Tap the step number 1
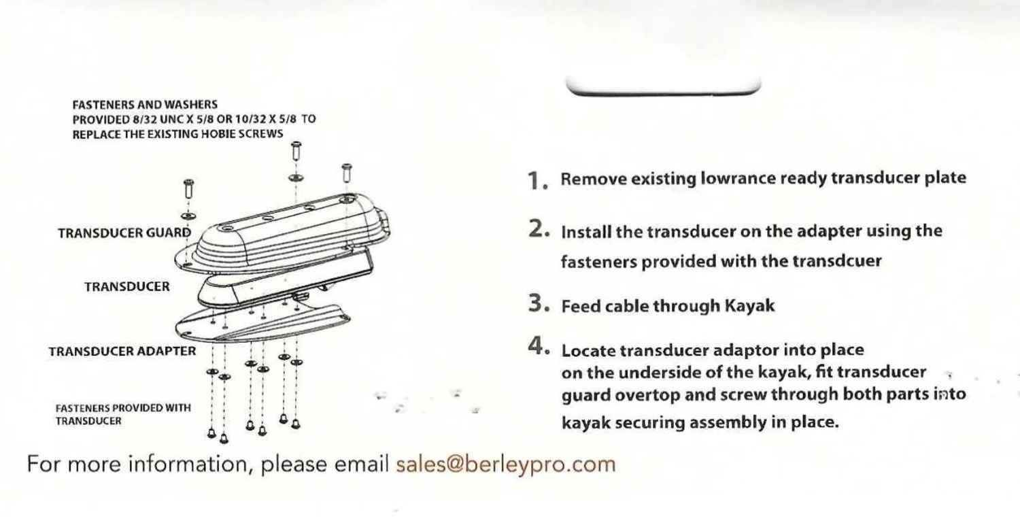pos(538,180)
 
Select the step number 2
pos(539,229)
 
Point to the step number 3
pos(539,303)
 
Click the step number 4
pos(539,346)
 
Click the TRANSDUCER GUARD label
pos(124,233)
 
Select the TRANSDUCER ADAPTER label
pos(122,352)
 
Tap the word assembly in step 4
pos(728,423)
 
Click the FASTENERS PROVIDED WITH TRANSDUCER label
pos(123,414)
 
